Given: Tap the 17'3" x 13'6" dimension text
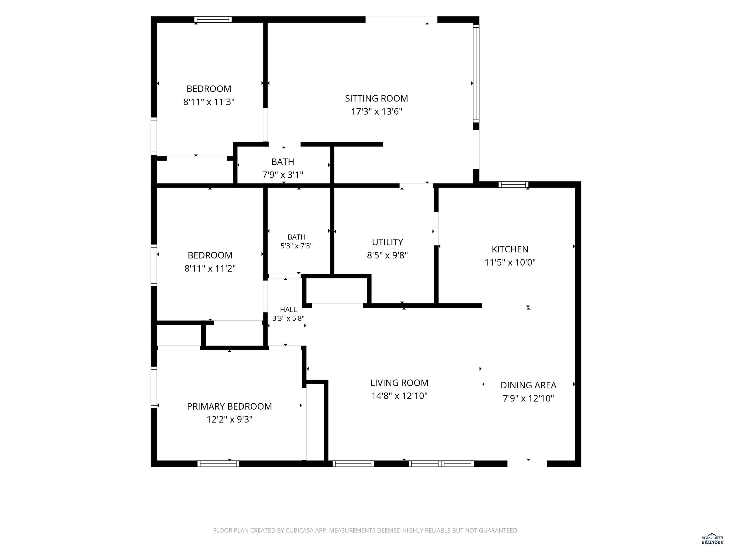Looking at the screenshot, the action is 376,112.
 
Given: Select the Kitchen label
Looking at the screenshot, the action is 510,249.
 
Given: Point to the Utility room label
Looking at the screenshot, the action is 387,242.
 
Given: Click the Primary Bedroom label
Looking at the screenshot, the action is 229,406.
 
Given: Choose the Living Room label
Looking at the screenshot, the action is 399,383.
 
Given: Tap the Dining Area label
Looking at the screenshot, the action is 528,385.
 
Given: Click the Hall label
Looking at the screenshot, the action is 288,310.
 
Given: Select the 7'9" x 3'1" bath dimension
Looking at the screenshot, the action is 283,175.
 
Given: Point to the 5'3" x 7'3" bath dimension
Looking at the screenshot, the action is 296,246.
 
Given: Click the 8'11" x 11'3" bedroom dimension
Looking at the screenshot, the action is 209,102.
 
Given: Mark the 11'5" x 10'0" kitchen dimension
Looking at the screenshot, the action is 510,262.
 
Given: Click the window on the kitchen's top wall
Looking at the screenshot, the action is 513,184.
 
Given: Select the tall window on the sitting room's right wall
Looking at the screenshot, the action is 476,73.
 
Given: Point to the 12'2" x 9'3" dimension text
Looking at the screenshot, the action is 229,420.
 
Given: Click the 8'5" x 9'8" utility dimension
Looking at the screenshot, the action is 387,255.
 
